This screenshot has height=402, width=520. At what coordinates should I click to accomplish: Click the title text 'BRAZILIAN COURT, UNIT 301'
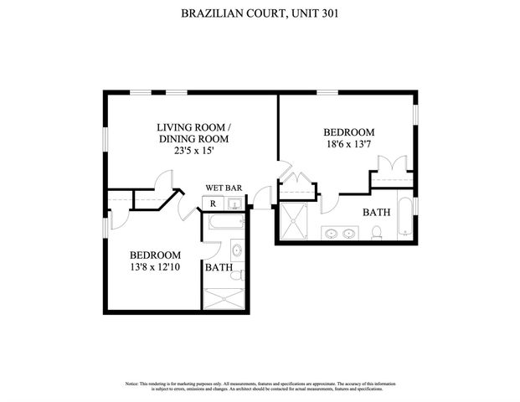pos(260,13)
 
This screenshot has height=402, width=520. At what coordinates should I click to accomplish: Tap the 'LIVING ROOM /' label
pos(193,126)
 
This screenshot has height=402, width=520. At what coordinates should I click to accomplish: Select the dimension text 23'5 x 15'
pos(193,152)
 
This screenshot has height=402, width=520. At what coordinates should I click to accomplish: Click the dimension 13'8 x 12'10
pos(155,268)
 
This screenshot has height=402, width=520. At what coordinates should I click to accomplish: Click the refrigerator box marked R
pos(213,204)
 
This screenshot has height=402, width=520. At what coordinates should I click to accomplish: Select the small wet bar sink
pos(235,204)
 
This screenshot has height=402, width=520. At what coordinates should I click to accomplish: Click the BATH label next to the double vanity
pos(376,213)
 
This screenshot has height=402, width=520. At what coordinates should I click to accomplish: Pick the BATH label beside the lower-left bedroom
pos(219,268)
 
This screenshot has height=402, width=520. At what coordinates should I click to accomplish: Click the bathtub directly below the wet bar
pos(224,223)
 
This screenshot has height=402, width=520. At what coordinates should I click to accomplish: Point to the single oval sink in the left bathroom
pos(236,250)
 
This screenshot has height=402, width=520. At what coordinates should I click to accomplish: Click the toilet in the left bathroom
pos(236,273)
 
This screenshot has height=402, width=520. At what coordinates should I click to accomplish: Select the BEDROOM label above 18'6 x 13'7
pos(348,132)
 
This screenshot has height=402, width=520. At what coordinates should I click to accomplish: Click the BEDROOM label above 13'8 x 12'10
pos(155,255)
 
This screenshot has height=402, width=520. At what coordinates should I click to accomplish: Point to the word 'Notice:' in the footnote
pos(136,384)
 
